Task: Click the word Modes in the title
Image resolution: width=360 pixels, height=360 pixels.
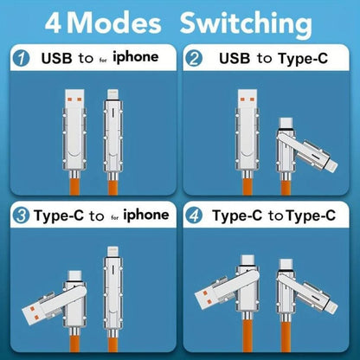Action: coord(114,22)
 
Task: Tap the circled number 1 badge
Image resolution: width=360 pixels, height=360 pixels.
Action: coord(21,59)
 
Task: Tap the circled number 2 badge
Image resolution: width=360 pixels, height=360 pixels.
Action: coord(194,59)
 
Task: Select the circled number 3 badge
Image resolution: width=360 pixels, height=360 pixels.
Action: coord(21,215)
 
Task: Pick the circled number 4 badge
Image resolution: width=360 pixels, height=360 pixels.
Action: coord(194,215)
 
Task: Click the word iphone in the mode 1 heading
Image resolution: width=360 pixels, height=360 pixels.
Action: coord(136,57)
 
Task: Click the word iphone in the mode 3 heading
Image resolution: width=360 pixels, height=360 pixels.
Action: coord(146,215)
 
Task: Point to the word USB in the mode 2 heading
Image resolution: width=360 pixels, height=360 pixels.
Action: coord(235,58)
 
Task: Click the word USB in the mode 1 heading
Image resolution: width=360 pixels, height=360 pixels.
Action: coord(56,58)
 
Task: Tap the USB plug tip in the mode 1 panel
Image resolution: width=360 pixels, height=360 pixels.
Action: coord(74,98)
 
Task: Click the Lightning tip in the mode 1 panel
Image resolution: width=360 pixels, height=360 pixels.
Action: coord(112,94)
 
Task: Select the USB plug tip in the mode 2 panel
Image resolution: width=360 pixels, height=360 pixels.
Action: coord(247,98)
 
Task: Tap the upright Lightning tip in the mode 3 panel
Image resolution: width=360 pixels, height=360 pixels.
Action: coord(112,251)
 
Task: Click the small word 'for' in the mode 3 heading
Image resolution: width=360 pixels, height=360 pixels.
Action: coord(115,217)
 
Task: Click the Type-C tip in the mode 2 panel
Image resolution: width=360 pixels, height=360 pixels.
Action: coord(286,123)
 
